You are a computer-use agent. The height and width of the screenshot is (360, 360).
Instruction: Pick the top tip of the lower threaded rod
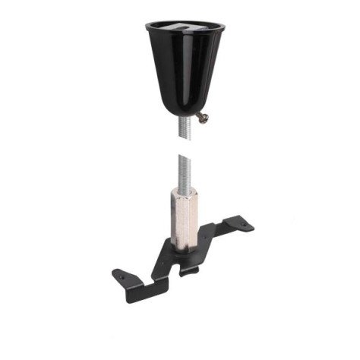pos(182,156)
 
